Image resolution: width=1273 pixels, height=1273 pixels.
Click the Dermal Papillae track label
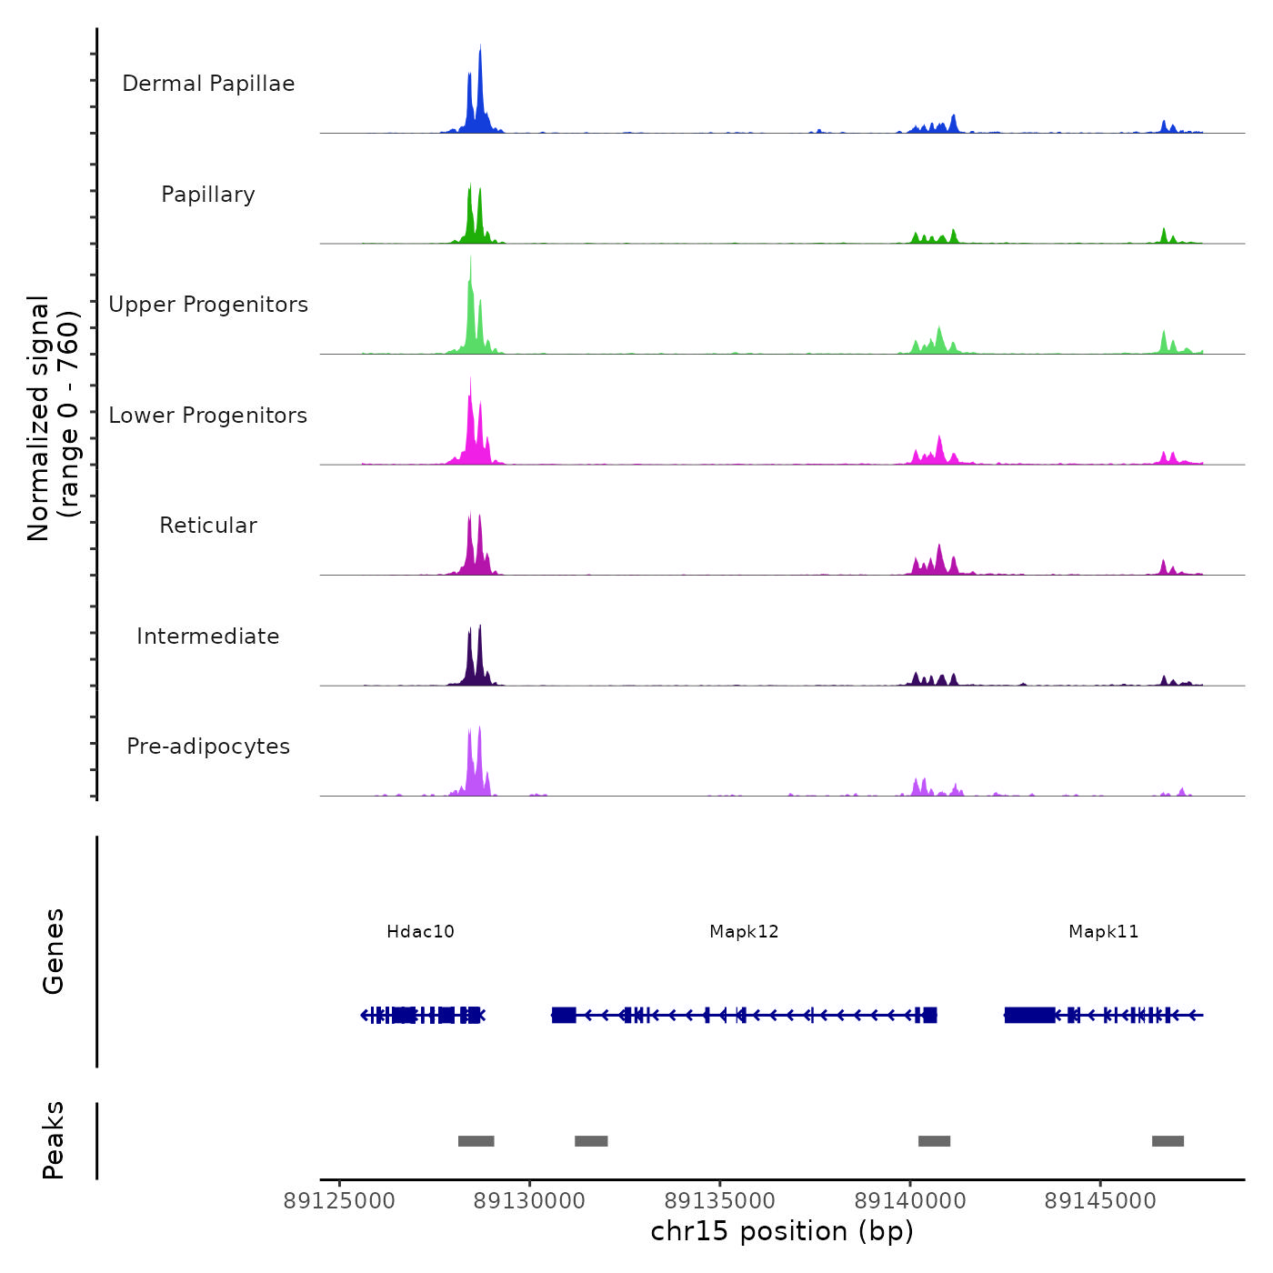click(208, 84)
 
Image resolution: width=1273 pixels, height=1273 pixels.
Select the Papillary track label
click(208, 195)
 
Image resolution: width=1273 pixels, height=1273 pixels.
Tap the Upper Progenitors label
click(208, 305)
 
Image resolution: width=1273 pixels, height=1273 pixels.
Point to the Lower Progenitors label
click(208, 416)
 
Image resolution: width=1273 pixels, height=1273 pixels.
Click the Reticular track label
click(208, 526)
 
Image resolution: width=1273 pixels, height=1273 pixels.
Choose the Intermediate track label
click(208, 636)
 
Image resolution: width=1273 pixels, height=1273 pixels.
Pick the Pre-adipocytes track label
click(208, 747)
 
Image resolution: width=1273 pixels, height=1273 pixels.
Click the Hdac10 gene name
click(420, 932)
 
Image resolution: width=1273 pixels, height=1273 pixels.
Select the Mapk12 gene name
click(744, 932)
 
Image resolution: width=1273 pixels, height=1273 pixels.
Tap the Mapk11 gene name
click(1103, 932)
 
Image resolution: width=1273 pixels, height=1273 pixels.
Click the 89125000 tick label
click(339, 1201)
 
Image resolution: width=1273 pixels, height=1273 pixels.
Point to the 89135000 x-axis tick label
click(720, 1201)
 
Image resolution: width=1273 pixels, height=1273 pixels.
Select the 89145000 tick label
click(1100, 1201)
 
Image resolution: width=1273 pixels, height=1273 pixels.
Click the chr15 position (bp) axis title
click(782, 1231)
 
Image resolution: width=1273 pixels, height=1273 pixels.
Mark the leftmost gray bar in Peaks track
click(476, 1141)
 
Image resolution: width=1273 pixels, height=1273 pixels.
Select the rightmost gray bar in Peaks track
click(1168, 1141)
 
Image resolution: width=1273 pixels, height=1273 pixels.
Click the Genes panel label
click(54, 951)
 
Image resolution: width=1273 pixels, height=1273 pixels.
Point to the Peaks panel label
click(54, 1140)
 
